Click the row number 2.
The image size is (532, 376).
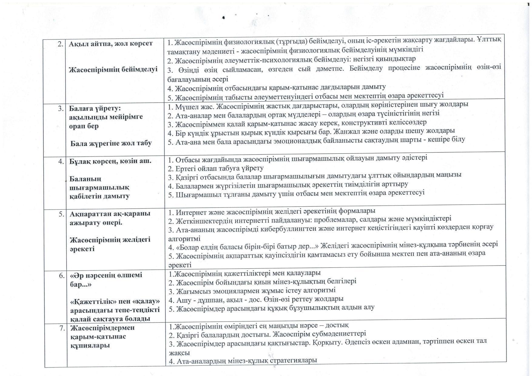coord(60,44)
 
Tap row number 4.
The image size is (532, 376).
coord(61,161)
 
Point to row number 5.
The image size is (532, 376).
coord(61,214)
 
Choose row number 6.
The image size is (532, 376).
coord(62,276)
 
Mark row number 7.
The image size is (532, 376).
coord(62,328)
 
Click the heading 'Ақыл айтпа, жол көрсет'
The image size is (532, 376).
coord(111,44)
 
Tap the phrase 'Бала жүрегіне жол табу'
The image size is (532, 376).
coord(111,143)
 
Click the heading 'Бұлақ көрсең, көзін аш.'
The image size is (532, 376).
coord(110,161)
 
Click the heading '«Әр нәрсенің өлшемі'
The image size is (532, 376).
coord(106,275)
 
